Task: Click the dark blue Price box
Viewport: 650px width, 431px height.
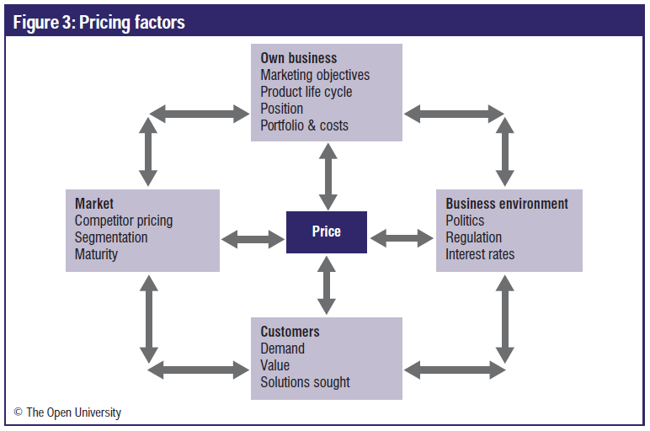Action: [x=327, y=232]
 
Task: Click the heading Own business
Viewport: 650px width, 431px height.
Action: [x=298, y=58]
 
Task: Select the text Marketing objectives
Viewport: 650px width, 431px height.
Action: [x=315, y=75]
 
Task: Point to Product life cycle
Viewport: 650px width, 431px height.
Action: [x=306, y=92]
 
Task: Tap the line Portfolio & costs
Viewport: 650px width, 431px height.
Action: [x=304, y=125]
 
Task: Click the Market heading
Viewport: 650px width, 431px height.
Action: [x=94, y=204]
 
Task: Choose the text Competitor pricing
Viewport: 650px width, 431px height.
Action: [x=124, y=221]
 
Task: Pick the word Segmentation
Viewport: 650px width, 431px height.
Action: [x=111, y=237]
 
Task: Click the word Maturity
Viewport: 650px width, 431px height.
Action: [x=96, y=254]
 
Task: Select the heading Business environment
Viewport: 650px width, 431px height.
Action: [x=507, y=204]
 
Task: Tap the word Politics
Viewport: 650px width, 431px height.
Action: [x=465, y=221]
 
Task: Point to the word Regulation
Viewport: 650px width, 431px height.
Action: [x=473, y=237]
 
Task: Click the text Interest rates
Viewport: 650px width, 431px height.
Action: [x=480, y=254]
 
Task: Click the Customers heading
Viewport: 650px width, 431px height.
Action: [x=290, y=332]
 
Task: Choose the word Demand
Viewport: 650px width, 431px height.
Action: [x=282, y=349]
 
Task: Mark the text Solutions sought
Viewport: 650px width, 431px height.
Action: [x=305, y=382]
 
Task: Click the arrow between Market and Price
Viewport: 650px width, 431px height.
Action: [x=253, y=239]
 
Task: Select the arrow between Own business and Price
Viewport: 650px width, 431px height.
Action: [x=328, y=177]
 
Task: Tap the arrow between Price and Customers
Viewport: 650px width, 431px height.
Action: [x=327, y=285]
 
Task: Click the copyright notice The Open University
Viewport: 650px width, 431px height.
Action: [x=67, y=412]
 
